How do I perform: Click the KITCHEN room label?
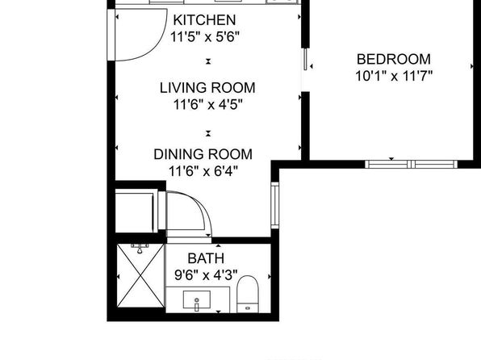(x=205, y=20)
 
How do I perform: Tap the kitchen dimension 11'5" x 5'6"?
(x=205, y=37)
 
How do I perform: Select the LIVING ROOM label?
(x=207, y=88)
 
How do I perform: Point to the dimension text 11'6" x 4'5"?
(x=208, y=105)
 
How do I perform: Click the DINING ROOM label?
(x=203, y=154)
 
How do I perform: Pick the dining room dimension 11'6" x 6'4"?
(x=203, y=171)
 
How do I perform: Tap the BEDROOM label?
(x=394, y=59)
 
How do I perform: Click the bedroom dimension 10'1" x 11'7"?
(x=394, y=76)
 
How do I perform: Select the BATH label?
(x=206, y=258)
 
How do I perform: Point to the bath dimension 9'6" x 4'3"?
(x=206, y=275)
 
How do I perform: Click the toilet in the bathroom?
(x=248, y=294)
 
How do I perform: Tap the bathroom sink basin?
(x=197, y=299)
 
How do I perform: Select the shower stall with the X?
(x=140, y=275)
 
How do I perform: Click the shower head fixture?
(x=140, y=249)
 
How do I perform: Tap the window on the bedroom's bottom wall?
(x=411, y=164)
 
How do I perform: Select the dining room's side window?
(x=275, y=205)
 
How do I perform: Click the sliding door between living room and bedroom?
(x=306, y=59)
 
